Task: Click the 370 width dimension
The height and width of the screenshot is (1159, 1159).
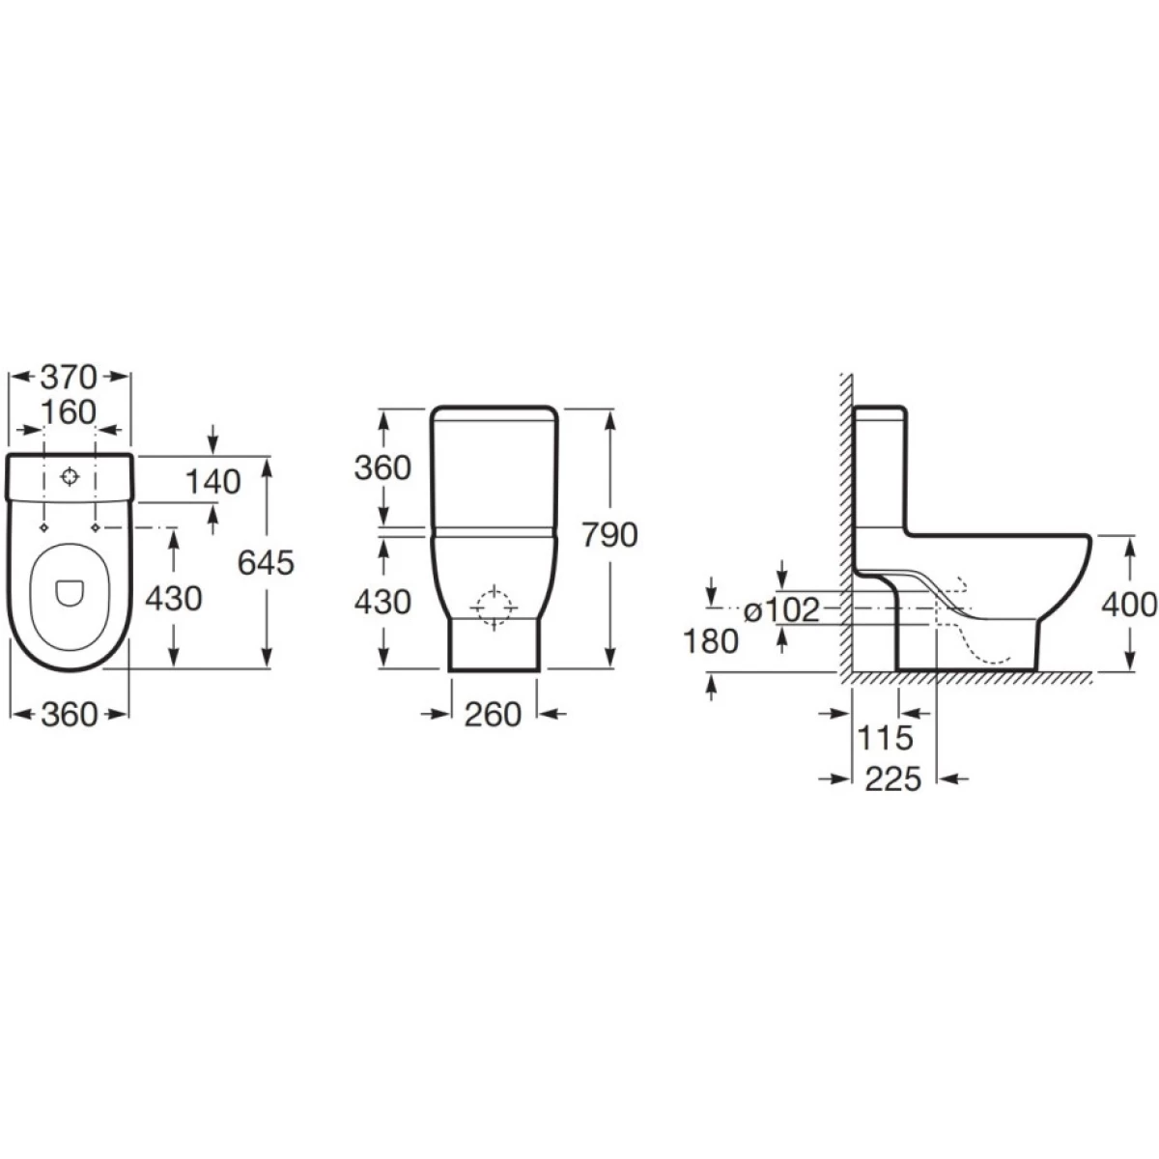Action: click(69, 377)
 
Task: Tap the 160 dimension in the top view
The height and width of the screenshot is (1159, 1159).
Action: click(69, 412)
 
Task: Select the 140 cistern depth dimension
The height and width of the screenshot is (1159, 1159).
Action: click(212, 481)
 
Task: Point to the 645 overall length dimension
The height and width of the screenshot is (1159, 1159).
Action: click(266, 563)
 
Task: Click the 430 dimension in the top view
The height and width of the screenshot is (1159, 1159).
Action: click(174, 599)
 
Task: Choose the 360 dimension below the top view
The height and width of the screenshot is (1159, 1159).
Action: click(70, 715)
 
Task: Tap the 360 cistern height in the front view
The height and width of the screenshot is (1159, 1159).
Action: click(382, 467)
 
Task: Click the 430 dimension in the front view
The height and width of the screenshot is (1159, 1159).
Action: click(382, 602)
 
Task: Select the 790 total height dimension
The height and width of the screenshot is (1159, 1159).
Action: click(609, 535)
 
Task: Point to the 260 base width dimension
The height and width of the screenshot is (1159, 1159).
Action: click(494, 715)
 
